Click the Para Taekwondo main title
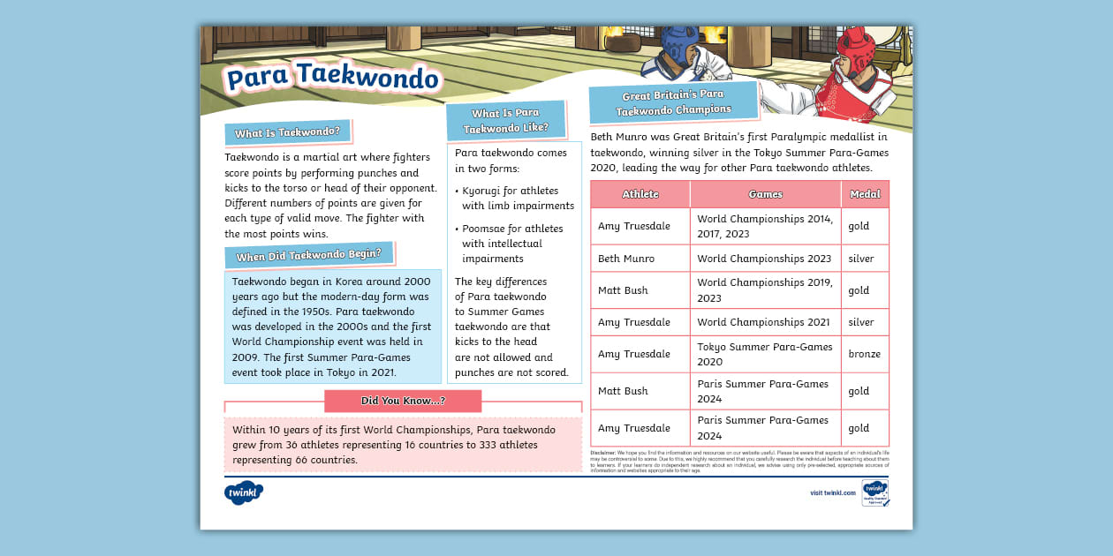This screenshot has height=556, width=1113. [x=332, y=79]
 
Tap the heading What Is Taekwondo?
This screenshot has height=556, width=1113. [x=287, y=133]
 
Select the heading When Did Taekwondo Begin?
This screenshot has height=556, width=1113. [x=308, y=256]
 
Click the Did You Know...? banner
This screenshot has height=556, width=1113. [x=403, y=401]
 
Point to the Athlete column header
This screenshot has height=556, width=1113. [x=640, y=194]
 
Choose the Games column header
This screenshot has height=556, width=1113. [x=765, y=194]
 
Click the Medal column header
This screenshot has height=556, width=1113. [x=865, y=194]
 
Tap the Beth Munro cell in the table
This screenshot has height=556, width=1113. [x=625, y=259]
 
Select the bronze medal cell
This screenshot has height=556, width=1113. [x=864, y=354]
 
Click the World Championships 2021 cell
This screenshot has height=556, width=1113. [x=764, y=322]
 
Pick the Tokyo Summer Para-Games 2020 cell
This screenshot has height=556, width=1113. [x=764, y=354]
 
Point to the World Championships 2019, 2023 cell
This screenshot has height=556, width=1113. [x=764, y=290]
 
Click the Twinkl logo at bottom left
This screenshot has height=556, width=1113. [x=244, y=492]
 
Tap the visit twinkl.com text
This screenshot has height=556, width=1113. [x=832, y=493]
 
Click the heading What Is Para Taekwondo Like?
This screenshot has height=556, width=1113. [x=505, y=121]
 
